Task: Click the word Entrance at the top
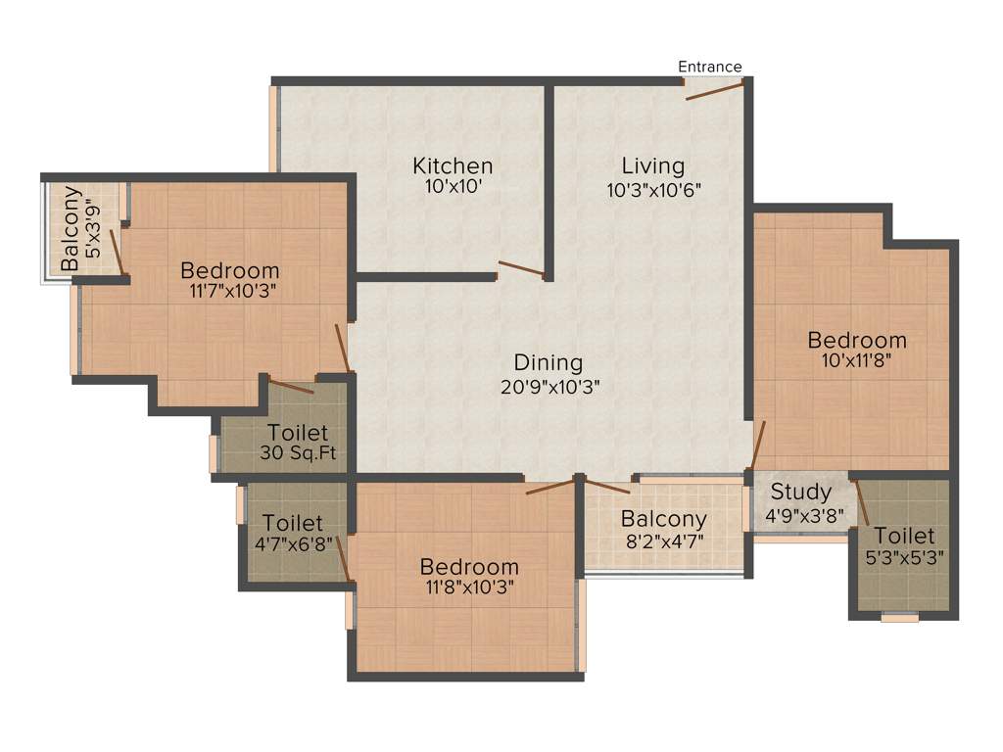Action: (710, 67)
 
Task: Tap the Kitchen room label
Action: (453, 165)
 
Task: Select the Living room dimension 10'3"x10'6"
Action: (654, 190)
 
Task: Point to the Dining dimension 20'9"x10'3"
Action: (549, 386)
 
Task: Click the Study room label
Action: (800, 492)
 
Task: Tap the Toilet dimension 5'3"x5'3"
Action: (904, 558)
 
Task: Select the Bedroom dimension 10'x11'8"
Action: (857, 362)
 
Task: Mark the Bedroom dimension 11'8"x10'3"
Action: (469, 587)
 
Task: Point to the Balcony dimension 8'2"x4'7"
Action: (663, 540)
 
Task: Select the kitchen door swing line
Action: (520, 269)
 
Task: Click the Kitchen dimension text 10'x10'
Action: (453, 189)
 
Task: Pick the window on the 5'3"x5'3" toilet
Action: (899, 618)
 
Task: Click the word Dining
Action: (549, 363)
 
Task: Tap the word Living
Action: (654, 165)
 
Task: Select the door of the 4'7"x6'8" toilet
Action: (343, 558)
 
